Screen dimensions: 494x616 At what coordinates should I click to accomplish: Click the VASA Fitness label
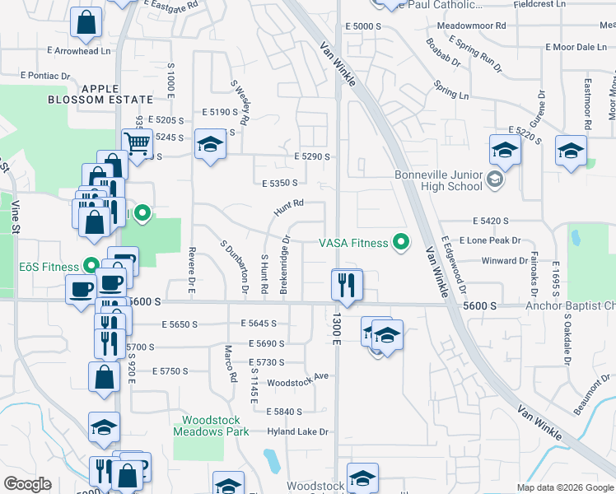[353, 243]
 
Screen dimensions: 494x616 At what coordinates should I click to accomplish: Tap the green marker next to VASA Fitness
[401, 242]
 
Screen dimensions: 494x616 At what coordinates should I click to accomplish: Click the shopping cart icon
[137, 144]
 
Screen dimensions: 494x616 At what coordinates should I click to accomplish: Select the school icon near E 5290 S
[210, 144]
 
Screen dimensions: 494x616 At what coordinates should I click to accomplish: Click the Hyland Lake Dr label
[298, 431]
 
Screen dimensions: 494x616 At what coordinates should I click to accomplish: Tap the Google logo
[28, 483]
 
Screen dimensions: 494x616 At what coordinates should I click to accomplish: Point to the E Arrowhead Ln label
[78, 51]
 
